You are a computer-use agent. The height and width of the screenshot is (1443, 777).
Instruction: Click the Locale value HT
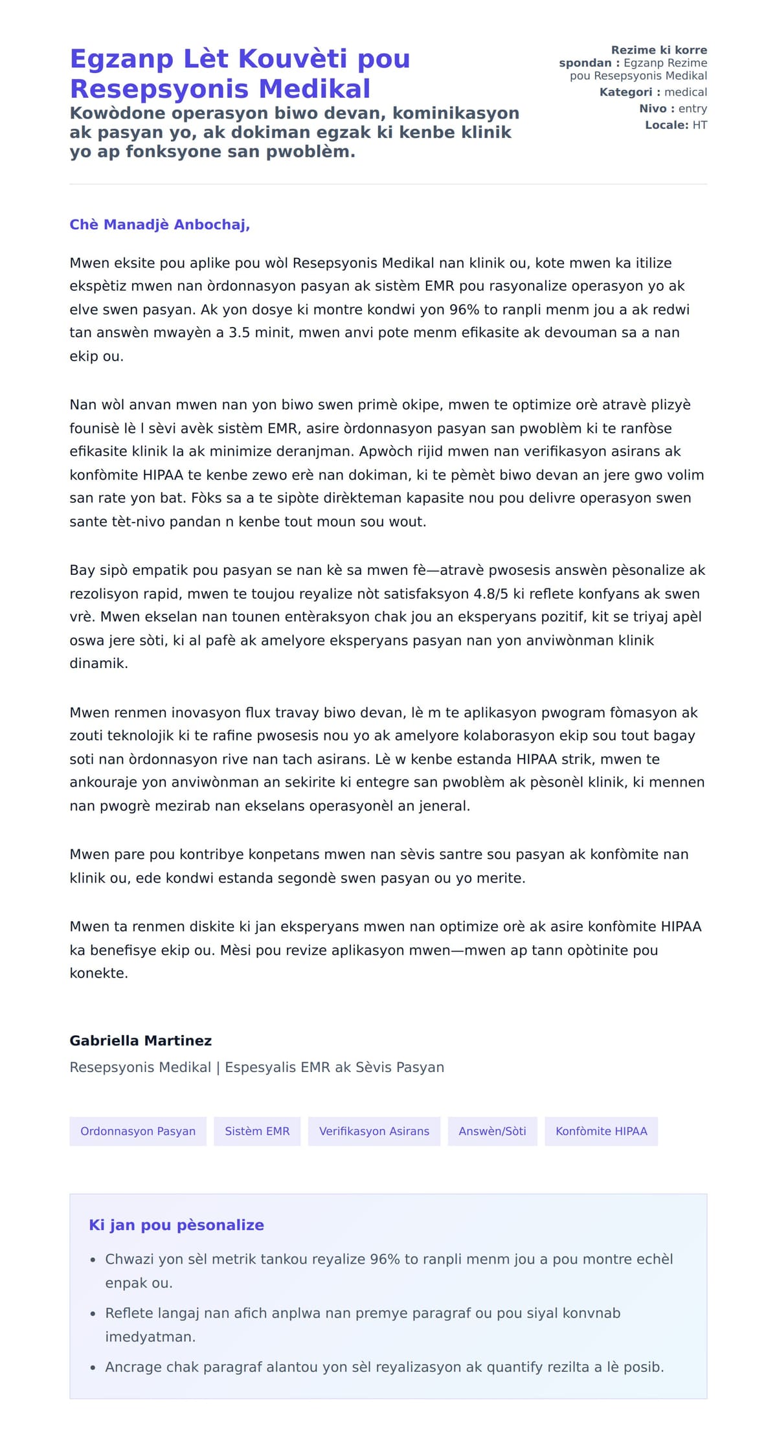pos(699,125)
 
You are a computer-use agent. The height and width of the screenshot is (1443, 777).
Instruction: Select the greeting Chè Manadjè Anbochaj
pos(159,225)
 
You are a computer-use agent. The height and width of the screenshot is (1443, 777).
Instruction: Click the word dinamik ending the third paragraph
pos(98,664)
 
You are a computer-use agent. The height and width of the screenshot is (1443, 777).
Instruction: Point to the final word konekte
pos(98,973)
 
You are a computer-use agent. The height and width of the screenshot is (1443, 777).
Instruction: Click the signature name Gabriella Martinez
pos(141,1040)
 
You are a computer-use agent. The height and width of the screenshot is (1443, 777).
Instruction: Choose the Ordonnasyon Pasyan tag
pos(138,1131)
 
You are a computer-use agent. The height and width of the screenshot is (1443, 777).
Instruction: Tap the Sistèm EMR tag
pos(257,1131)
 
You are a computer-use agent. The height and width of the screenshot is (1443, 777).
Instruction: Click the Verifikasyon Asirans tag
pos(374,1131)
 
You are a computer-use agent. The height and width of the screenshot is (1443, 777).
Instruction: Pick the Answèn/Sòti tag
pos(492,1131)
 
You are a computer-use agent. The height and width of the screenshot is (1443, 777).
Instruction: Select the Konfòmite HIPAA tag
pos(601,1131)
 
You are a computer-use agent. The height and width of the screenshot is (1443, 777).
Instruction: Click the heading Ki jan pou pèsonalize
pos(176,1225)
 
